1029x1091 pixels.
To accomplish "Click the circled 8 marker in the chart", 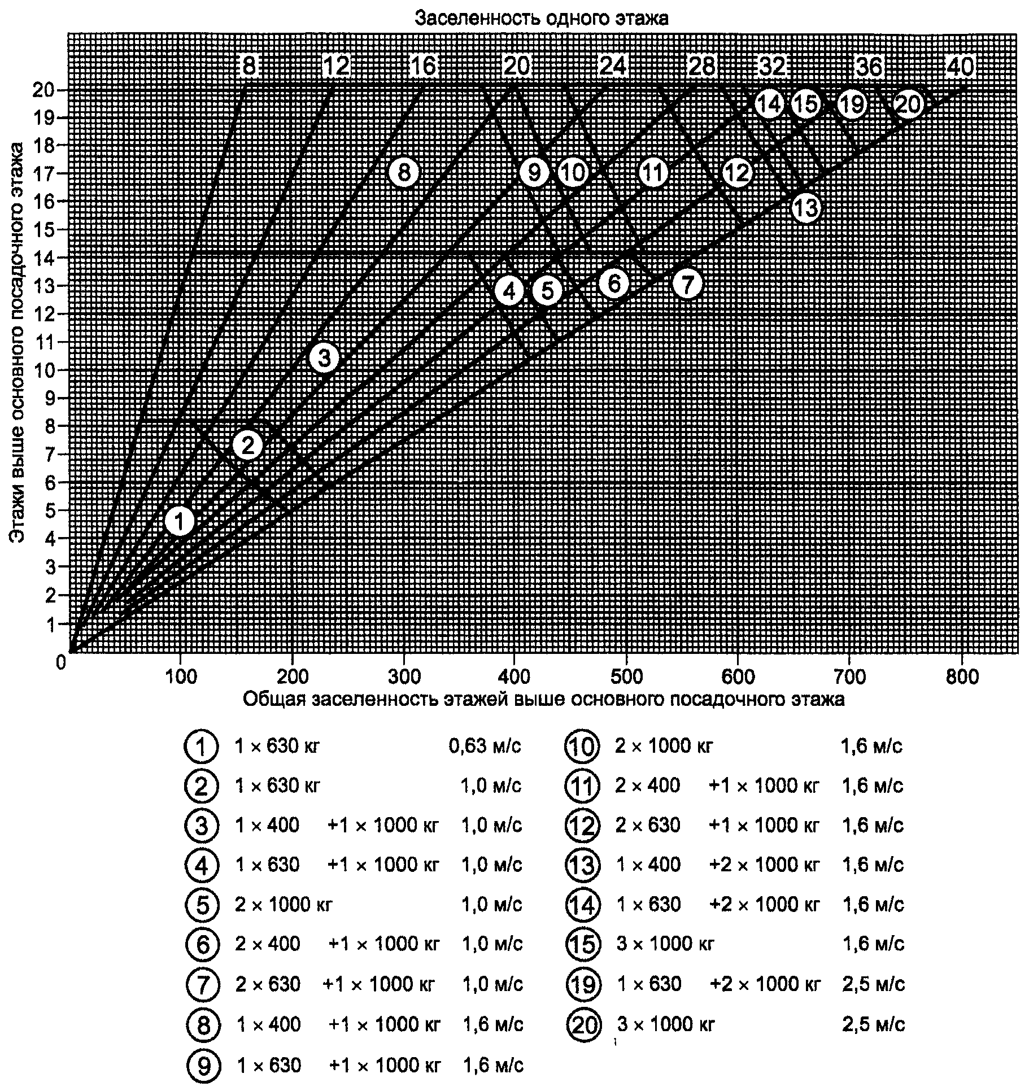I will [x=404, y=172].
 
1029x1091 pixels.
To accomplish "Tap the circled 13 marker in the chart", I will [x=805, y=208].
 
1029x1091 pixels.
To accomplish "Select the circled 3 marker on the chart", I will [x=324, y=357].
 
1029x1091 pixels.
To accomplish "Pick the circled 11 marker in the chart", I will [x=653, y=172].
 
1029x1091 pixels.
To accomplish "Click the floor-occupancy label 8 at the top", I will [x=249, y=67].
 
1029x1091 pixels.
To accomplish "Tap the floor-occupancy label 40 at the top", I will [x=960, y=67].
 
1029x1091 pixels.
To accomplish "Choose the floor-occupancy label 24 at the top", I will [x=612, y=67].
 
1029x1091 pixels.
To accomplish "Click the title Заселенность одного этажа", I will [x=542, y=18].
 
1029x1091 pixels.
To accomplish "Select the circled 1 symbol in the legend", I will [x=201, y=747].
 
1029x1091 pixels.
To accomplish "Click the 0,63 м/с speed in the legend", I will [x=485, y=746].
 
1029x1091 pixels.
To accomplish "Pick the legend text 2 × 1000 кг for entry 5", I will [x=284, y=905].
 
